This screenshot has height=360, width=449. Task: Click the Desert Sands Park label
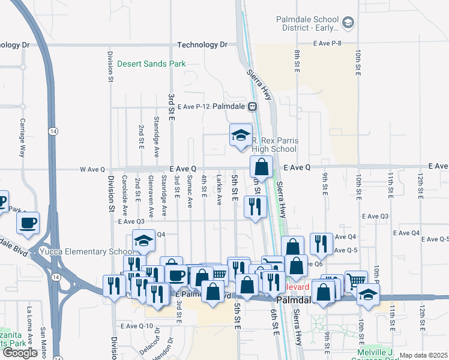(151, 64)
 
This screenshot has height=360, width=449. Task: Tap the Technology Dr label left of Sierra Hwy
(203, 45)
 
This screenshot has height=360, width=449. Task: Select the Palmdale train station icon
(253, 106)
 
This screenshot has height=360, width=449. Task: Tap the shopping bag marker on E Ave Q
(262, 166)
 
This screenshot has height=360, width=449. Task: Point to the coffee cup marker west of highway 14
(28, 223)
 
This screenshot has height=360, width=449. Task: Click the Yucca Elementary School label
(87, 251)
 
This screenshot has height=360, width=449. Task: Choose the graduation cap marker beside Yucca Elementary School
(143, 241)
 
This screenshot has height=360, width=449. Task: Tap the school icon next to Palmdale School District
(348, 23)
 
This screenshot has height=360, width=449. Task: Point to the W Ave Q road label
(92, 170)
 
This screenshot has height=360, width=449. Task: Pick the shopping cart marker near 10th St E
(356, 281)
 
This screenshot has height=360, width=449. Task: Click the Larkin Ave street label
(220, 188)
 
